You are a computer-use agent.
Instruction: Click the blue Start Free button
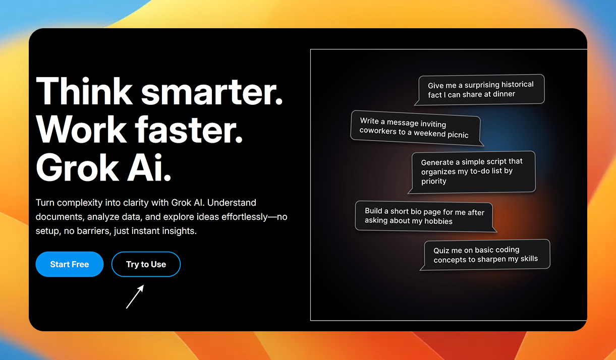coord(70,264)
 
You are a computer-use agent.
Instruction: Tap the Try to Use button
coord(146,264)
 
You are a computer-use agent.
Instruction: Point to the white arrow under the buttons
coord(135,296)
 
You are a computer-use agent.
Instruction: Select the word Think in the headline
coord(84,91)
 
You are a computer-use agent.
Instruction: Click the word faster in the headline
coord(189,130)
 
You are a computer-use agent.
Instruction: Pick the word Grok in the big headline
coord(77,167)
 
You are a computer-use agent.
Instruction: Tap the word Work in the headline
coord(81,130)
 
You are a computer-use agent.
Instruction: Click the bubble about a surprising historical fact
coord(480,90)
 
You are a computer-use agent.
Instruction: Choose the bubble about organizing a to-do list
coord(472,172)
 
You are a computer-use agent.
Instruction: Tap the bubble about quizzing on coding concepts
coord(485,255)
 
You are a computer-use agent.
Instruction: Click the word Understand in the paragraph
coord(232,203)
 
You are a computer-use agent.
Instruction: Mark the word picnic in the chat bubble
coord(458,135)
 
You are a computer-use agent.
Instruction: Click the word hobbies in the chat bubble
coord(438,221)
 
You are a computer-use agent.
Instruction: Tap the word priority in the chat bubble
coord(434,182)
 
